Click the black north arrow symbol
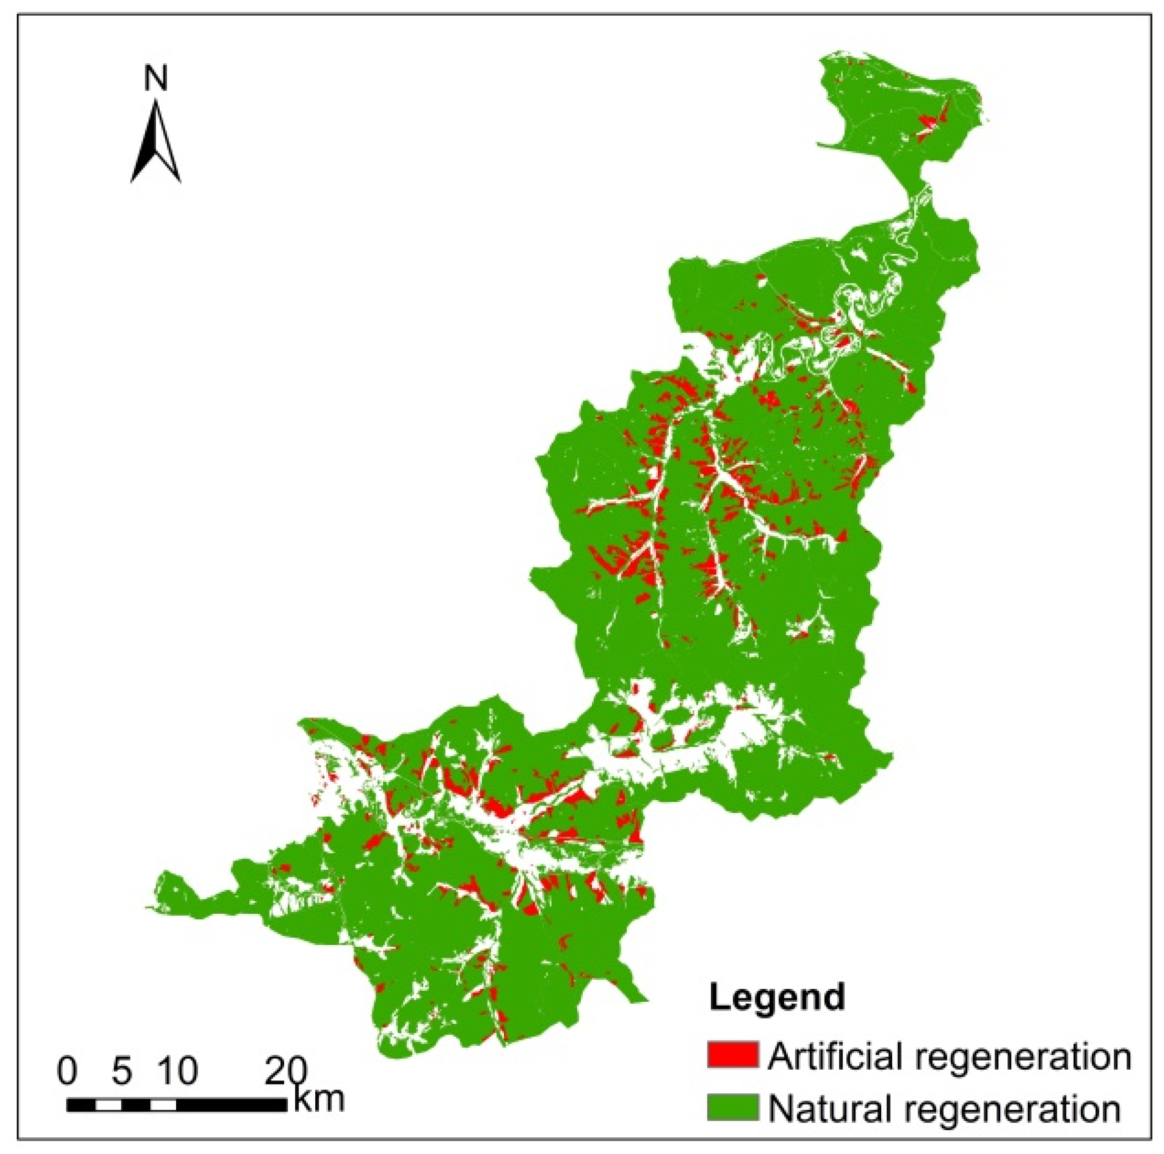click(x=155, y=142)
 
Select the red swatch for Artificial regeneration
click(x=732, y=1055)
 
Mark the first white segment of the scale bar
click(x=109, y=1105)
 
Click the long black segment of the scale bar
click(x=232, y=1105)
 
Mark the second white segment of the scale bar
click(x=163, y=1105)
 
